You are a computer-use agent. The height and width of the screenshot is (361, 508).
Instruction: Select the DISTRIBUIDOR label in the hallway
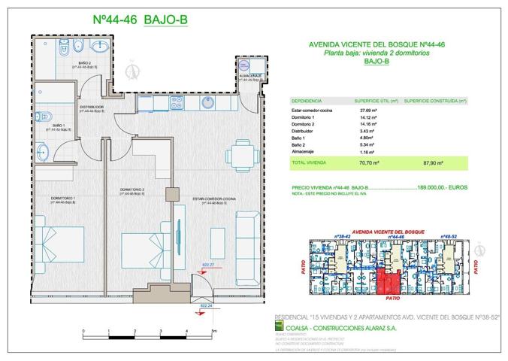tap(92, 108)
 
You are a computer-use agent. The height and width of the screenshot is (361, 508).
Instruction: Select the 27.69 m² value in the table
tap(369, 111)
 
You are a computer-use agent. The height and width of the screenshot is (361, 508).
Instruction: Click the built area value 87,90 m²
tap(434, 162)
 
